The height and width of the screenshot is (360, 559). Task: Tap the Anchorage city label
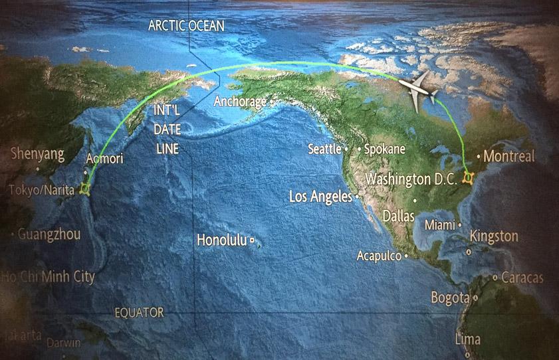coord(240,102)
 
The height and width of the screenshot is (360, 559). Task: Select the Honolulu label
coord(221,240)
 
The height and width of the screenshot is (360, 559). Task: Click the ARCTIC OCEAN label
coord(186,26)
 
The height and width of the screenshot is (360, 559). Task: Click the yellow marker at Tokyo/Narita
coord(84,189)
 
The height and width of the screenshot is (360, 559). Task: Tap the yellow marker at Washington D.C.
coord(469,178)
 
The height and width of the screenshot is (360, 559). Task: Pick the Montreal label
coord(509,157)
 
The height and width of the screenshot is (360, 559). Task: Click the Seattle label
coord(324,149)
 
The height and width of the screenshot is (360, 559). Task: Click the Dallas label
coord(399,217)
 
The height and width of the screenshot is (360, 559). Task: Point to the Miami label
coord(439,225)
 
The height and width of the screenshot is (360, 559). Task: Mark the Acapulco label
coord(380,255)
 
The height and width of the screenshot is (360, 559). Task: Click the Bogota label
coord(450,298)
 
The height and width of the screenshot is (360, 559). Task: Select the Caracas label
coord(522,277)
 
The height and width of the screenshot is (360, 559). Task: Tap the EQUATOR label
coord(138,312)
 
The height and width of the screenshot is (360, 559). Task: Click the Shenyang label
coord(37,155)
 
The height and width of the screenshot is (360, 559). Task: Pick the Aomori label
coord(104,159)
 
